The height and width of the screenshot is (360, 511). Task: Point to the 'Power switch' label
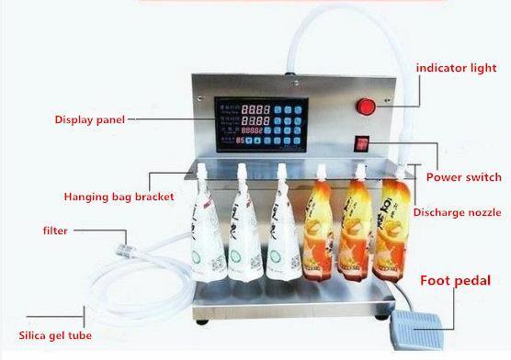(x=463, y=176)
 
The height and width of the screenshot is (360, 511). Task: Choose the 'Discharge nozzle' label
(x=456, y=212)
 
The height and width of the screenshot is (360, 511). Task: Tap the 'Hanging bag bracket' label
(x=119, y=197)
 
